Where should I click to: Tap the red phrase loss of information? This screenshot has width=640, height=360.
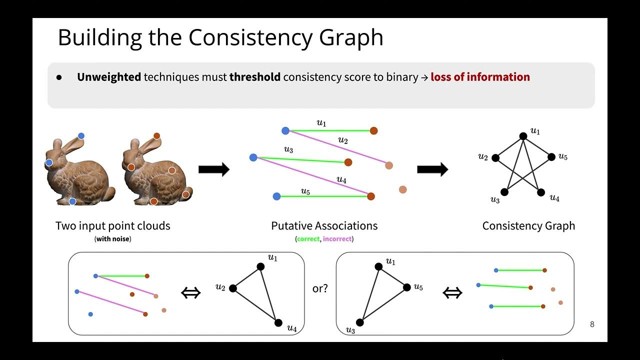480,77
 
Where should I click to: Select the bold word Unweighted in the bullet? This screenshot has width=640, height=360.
109,77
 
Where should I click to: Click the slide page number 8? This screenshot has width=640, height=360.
592,324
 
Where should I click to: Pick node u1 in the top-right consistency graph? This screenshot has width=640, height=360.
523,136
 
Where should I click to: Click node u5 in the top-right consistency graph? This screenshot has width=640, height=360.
551,157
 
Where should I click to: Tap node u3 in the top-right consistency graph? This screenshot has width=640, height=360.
504,192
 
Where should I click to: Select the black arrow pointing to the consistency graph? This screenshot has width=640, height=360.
432,169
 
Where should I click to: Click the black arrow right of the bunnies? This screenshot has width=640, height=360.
214,169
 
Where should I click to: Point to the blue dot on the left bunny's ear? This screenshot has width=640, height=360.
81,136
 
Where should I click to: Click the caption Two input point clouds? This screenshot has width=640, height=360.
112,226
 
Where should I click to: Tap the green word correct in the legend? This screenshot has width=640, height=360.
308,239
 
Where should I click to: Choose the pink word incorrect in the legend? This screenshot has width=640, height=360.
337,239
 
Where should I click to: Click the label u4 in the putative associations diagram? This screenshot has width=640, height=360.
341,179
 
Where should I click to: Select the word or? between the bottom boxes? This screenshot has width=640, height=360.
320,288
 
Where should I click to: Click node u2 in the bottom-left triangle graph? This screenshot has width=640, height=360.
233,288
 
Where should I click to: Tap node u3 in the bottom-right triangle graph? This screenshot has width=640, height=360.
360,322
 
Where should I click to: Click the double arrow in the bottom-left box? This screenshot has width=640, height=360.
190,293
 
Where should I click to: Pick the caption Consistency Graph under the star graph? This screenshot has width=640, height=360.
528,226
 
